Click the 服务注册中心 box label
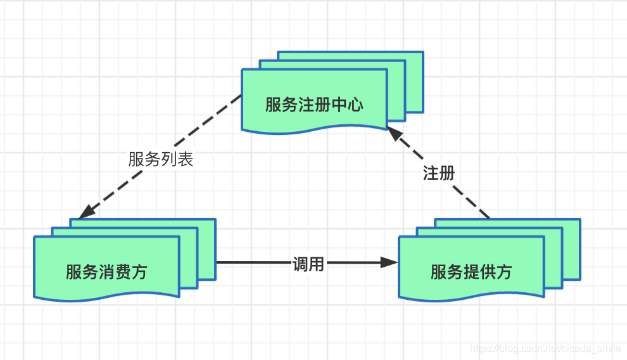tap(314, 105)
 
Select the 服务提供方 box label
tap(471, 272)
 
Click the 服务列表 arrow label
tap(160, 159)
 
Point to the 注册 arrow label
tap(439, 173)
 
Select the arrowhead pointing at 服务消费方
tap(86, 212)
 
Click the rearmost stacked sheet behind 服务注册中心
tap(414, 60)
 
